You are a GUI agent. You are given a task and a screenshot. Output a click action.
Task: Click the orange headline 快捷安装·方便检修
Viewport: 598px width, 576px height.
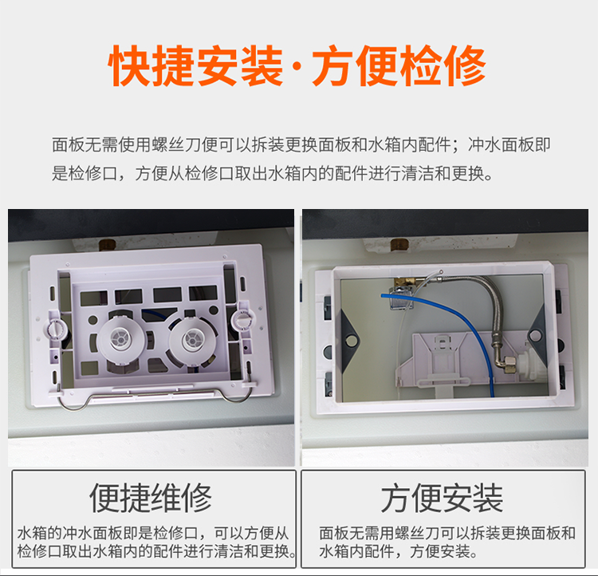click(297, 65)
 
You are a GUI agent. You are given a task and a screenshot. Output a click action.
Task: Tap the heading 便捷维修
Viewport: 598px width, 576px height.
click(151, 498)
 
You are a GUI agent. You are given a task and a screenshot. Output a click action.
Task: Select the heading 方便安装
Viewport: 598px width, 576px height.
click(442, 498)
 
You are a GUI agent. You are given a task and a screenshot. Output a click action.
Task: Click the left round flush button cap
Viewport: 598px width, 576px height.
click(121, 339)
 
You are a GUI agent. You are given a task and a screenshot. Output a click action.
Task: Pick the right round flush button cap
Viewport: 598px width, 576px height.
click(193, 340)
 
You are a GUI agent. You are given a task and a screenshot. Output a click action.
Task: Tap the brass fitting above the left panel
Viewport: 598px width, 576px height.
click(108, 245)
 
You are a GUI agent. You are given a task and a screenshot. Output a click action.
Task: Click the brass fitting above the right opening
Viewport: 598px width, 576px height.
click(399, 245)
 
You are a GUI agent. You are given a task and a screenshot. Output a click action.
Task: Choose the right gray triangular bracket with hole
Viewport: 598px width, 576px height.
click(536, 331)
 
